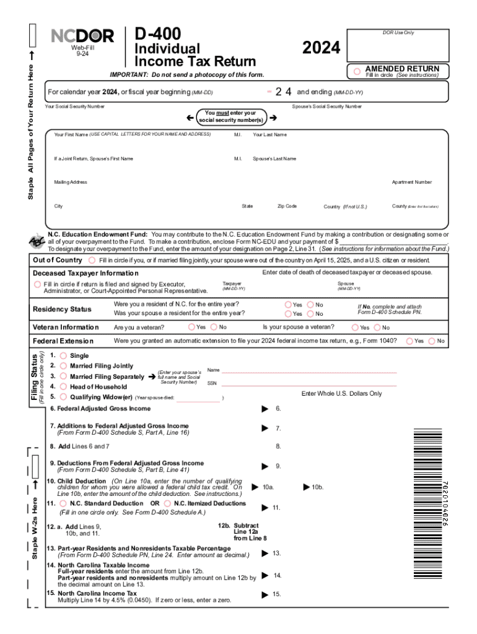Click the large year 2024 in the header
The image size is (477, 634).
point(321,48)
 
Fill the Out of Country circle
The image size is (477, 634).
point(92,260)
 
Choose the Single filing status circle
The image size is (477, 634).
point(63,356)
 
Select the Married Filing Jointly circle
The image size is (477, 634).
point(63,366)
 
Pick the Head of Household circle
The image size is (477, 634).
point(63,386)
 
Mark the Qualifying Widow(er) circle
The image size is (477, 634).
point(63,397)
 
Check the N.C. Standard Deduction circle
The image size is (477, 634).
point(63,503)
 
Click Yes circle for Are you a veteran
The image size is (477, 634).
point(192,327)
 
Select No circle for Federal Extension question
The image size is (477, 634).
point(431,341)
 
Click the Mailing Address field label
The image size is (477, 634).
point(71,183)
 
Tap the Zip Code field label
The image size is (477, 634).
point(287,206)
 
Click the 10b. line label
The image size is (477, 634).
point(317,487)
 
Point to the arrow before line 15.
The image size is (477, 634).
point(265,594)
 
